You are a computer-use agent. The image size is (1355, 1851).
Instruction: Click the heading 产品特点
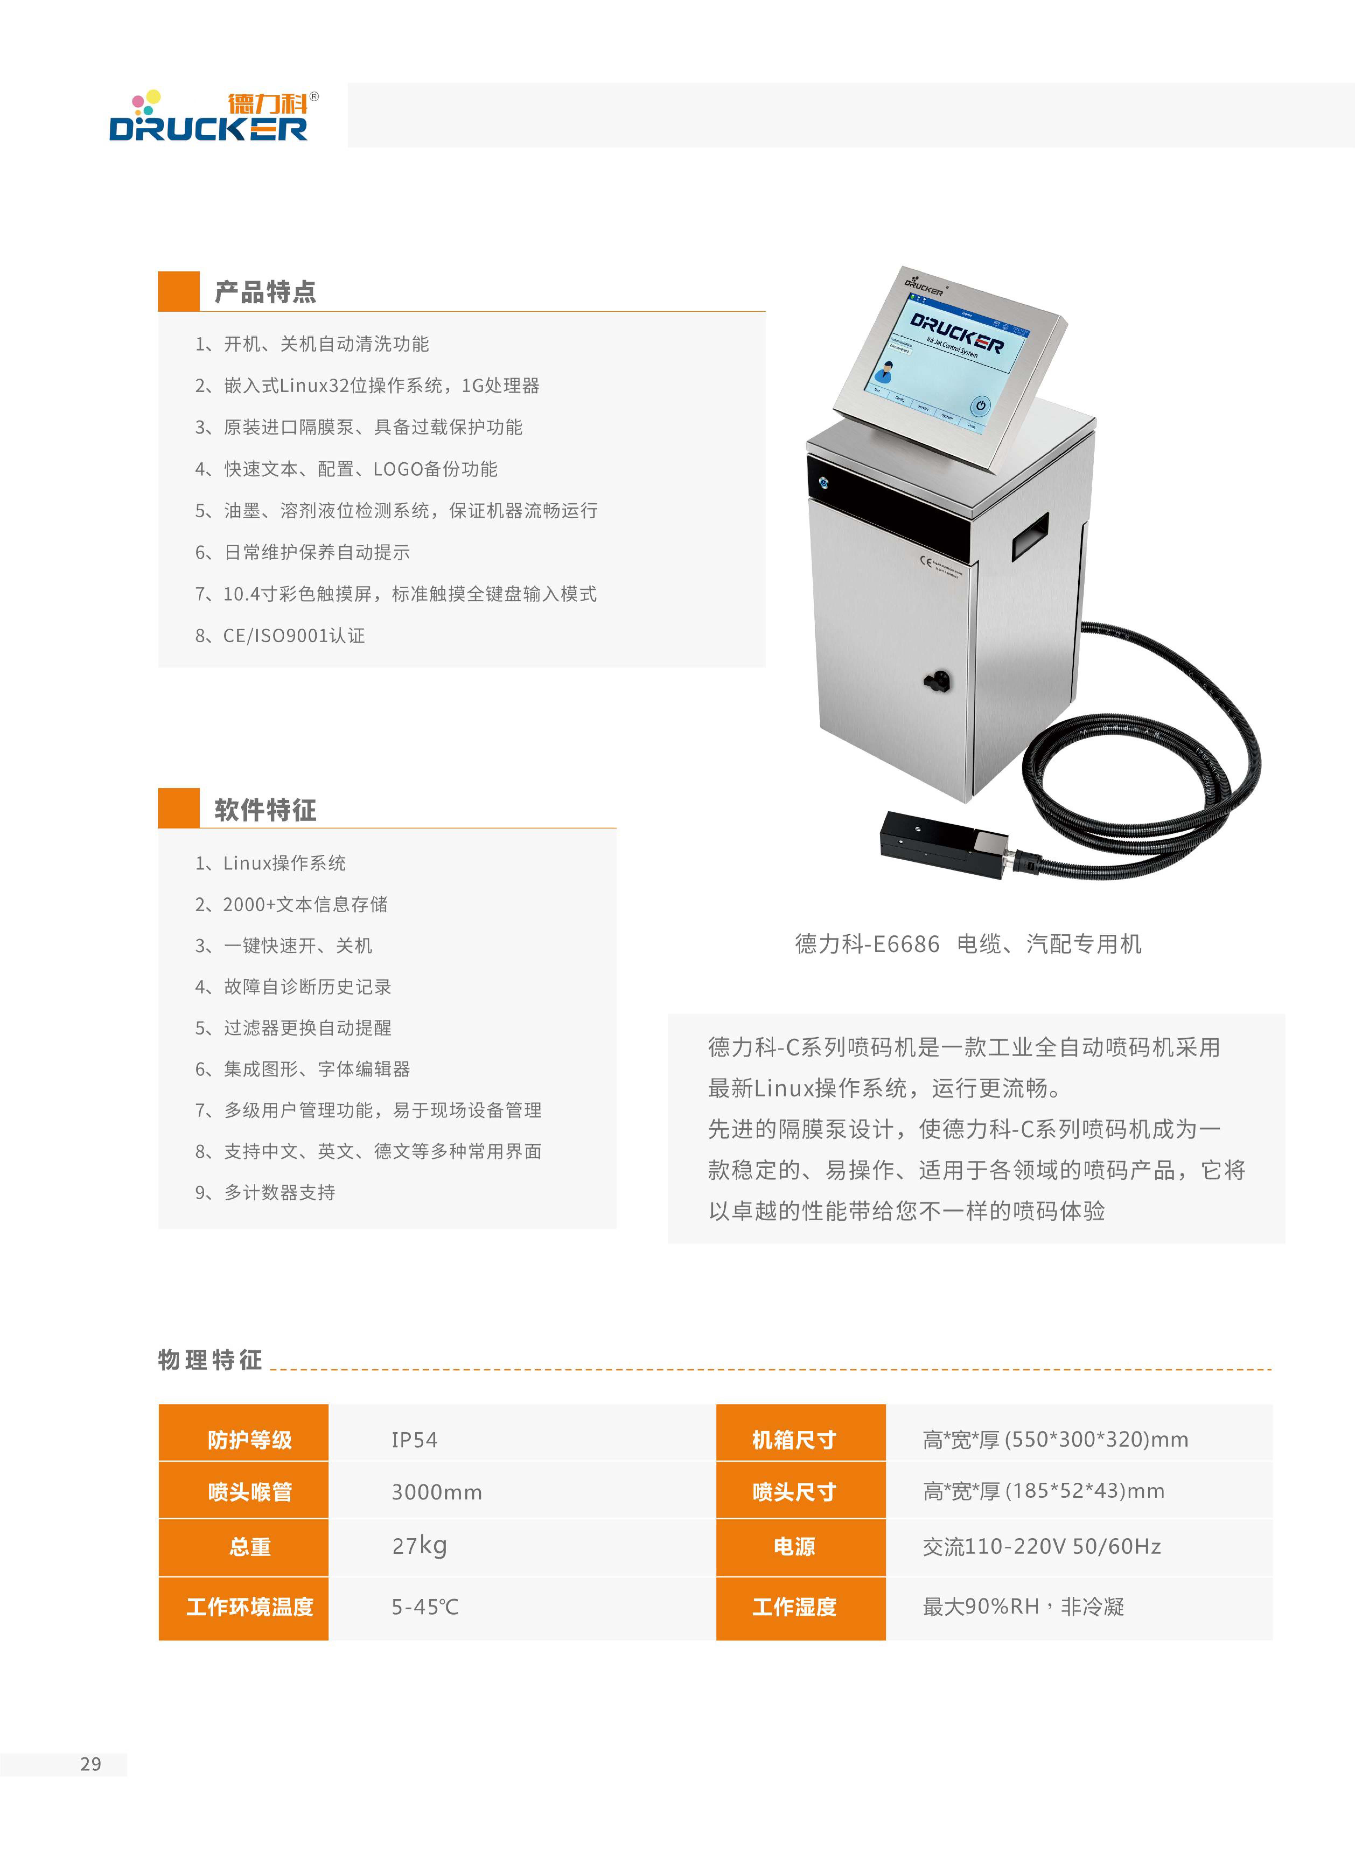[x=265, y=292]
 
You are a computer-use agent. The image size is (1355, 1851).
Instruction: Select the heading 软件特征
[x=265, y=810]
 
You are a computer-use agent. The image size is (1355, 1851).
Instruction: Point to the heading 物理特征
[x=210, y=1360]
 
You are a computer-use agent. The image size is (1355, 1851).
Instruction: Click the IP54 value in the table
[x=414, y=1440]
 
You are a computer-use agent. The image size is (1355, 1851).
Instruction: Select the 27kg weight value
[x=419, y=1546]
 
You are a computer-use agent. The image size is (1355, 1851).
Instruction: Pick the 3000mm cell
[x=436, y=1492]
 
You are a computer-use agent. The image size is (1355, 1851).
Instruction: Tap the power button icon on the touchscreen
[x=980, y=405]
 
